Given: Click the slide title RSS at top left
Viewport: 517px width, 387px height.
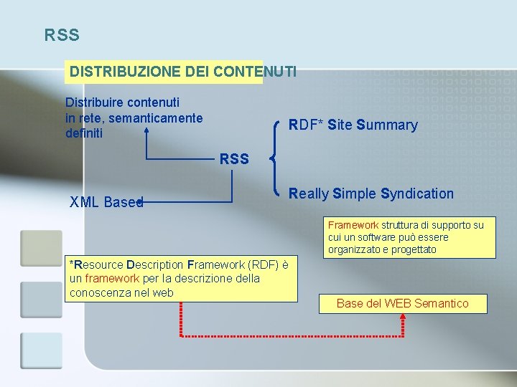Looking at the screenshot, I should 62,34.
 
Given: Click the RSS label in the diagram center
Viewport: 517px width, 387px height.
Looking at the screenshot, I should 234,158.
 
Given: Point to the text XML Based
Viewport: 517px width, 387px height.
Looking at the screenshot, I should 106,202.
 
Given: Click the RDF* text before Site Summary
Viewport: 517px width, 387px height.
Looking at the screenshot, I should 305,125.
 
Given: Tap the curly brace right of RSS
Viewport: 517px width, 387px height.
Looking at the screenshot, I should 274,158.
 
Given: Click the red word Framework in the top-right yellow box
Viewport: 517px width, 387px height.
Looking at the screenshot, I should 353,225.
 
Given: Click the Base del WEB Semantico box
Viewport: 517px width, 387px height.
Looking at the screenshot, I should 402,303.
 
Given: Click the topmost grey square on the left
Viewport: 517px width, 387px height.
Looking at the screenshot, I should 41,248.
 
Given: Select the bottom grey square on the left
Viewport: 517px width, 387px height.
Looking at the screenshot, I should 41,350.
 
